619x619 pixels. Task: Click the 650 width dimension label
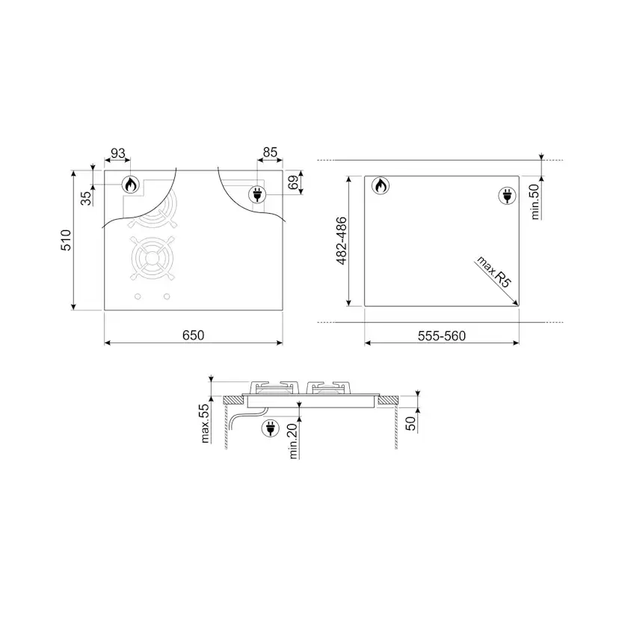point(193,335)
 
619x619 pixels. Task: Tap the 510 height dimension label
point(66,240)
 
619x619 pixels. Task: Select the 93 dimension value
point(117,153)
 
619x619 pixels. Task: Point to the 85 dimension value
point(270,153)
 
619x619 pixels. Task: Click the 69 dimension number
point(293,182)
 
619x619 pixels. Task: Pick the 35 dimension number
point(86,198)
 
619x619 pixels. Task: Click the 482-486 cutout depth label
point(341,241)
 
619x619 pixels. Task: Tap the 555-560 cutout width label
point(442,336)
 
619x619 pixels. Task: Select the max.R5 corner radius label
point(494,271)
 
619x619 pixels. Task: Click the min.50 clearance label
point(535,202)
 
